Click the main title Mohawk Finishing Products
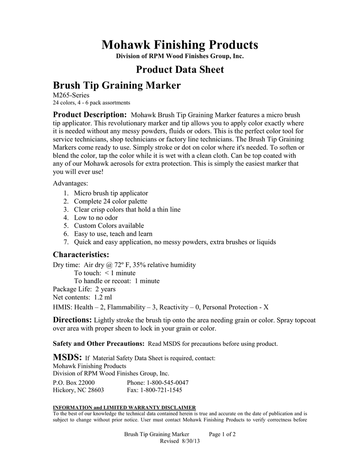coord(180,45)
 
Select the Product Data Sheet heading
coord(180,70)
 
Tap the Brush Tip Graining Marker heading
coord(117,85)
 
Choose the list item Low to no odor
coord(96,218)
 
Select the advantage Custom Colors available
coord(109,226)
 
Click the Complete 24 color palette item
coord(111,201)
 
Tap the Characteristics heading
coord(81,254)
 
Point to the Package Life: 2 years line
coord(84,289)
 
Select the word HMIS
coord(62,307)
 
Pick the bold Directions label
coord(72,320)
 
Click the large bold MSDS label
coord(67,356)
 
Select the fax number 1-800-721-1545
coord(161,390)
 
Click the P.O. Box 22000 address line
coord(74,382)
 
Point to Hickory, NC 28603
coord(78,390)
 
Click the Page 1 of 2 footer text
coord(222,434)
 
